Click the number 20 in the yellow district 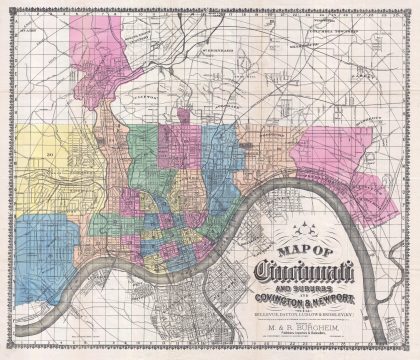[x=47, y=156]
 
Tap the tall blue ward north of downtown [x=217, y=160]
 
